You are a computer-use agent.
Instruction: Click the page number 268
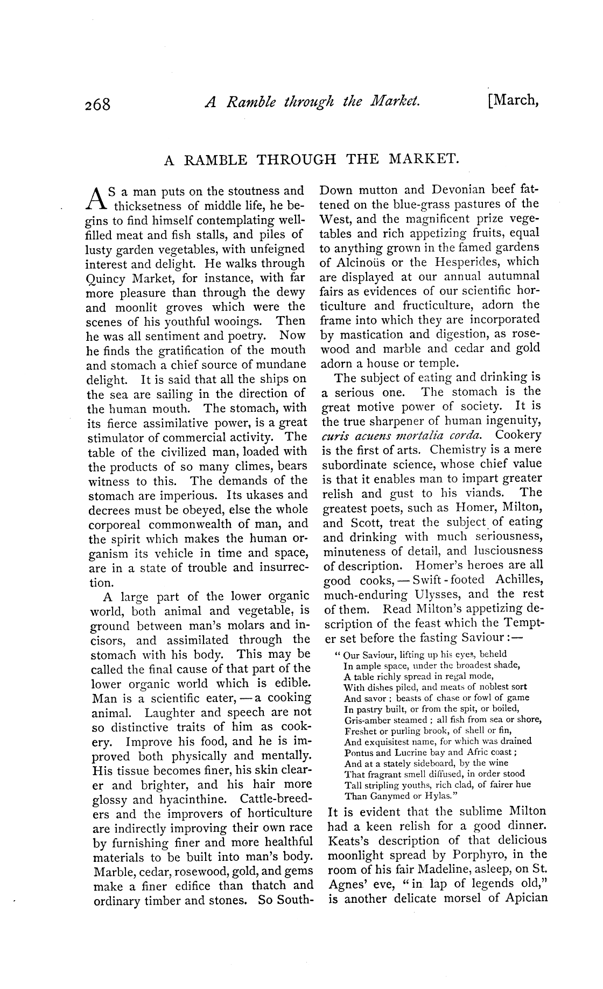(x=97, y=103)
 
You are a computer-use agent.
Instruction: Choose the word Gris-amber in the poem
(x=367, y=720)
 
